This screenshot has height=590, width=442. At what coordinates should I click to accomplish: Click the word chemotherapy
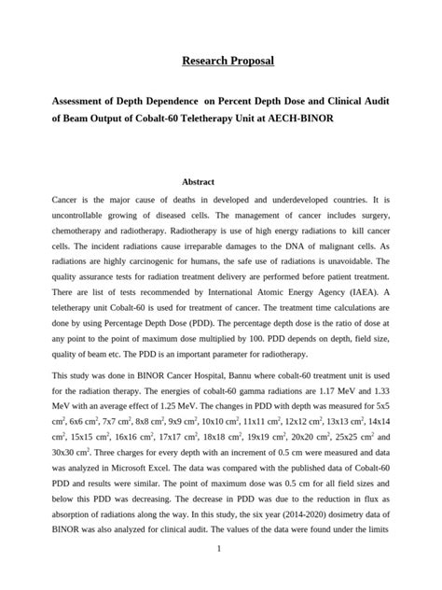pyautogui.click(x=84, y=235)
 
